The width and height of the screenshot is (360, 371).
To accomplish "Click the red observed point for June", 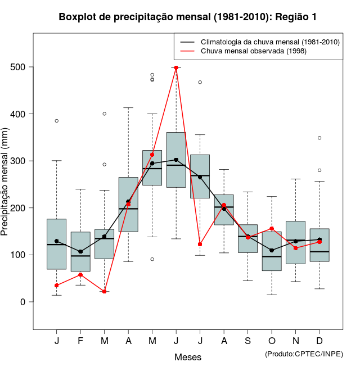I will (x=176, y=67).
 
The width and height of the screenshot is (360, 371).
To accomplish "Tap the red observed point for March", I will (x=105, y=291).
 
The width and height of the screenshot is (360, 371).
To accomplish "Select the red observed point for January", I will (x=57, y=286).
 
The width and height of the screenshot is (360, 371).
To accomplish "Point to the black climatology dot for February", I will (x=80, y=252).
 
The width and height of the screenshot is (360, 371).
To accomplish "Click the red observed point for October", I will (x=272, y=229).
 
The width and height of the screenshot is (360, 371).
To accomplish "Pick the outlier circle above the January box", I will (x=57, y=121).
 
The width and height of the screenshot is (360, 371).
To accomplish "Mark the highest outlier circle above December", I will (x=319, y=138).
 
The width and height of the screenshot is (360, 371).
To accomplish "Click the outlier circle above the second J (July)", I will (x=200, y=82).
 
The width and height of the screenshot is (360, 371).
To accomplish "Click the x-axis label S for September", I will (x=247, y=341).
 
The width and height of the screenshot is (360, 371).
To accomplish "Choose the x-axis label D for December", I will (x=319, y=341).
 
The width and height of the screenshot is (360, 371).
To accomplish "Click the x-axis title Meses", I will (x=188, y=357).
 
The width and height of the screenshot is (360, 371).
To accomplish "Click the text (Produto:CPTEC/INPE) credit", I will (x=304, y=354).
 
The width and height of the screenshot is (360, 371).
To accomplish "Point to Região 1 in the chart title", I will (x=296, y=17).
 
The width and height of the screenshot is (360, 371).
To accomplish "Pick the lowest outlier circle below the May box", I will (x=152, y=259).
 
